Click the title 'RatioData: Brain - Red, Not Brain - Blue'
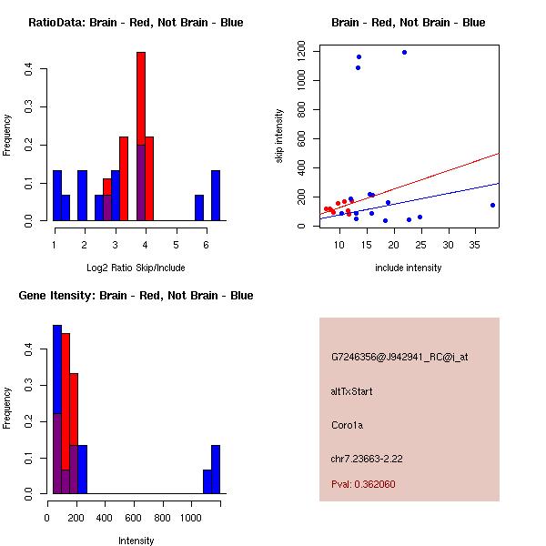[136, 23]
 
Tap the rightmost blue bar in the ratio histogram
[216, 196]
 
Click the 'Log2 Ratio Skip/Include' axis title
[136, 268]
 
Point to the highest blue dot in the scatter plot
[404, 52]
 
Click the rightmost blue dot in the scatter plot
[492, 206]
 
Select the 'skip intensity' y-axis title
[280, 136]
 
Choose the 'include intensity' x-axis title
[409, 268]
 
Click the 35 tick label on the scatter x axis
[474, 245]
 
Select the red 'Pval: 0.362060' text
[363, 484]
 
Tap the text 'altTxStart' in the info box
[351, 391]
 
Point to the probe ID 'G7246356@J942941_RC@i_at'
[399, 358]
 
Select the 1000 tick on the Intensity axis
[191, 518]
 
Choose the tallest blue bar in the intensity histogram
[56, 409]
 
